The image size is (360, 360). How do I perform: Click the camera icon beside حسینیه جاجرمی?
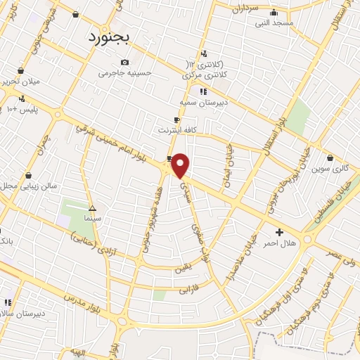tap(125, 62)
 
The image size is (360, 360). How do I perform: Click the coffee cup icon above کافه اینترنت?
tap(176, 120)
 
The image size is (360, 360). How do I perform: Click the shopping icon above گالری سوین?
tap(329, 157)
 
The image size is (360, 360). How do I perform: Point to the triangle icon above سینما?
tap(92, 208)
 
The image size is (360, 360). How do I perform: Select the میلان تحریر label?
tap(22, 82)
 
